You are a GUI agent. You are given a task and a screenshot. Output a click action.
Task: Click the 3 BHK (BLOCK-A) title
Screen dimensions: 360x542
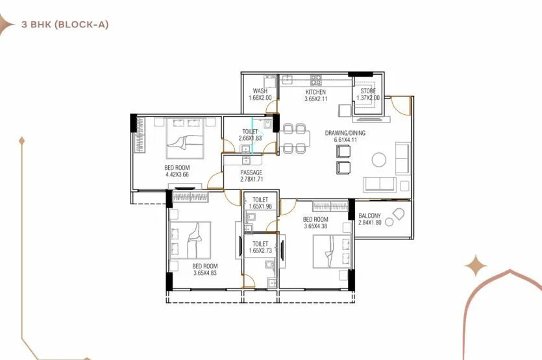pos(64,25)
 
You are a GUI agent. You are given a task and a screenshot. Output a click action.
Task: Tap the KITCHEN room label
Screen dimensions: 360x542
pos(315,92)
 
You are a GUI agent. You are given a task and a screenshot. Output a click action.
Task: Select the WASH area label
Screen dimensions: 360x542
pos(260,91)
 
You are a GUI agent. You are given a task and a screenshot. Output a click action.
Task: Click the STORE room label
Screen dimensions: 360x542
pos(368,91)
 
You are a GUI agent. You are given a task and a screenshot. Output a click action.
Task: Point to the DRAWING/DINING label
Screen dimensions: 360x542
pos(345,133)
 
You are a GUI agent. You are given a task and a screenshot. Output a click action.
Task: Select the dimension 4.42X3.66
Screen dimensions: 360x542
pos(177,174)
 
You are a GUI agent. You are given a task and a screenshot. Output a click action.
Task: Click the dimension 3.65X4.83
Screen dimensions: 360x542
pos(205,274)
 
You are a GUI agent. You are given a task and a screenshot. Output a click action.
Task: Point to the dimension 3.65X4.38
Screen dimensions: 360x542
pos(315,227)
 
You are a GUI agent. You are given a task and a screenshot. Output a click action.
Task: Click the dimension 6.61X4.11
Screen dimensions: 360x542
pos(345,140)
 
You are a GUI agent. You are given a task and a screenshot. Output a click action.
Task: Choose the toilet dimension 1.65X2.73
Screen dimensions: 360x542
pos(260,250)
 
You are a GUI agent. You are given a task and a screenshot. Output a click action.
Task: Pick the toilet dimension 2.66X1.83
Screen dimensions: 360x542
pos(249,138)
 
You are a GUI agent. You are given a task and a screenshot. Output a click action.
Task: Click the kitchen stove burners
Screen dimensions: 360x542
pos(316,81)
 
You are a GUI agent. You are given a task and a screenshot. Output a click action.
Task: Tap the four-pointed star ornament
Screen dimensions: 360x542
pos(477,266)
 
